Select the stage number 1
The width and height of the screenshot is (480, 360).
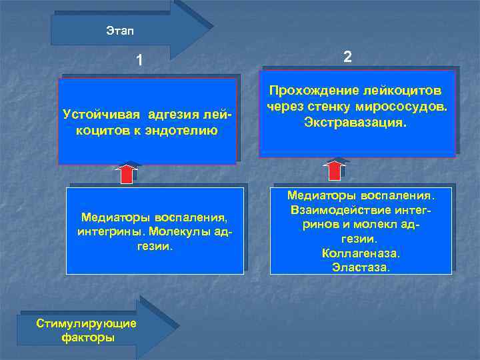point(139,61)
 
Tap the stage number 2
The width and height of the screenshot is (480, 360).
point(347,57)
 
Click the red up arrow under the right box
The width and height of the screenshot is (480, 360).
point(339,169)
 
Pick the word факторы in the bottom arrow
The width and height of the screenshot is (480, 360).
point(87,338)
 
